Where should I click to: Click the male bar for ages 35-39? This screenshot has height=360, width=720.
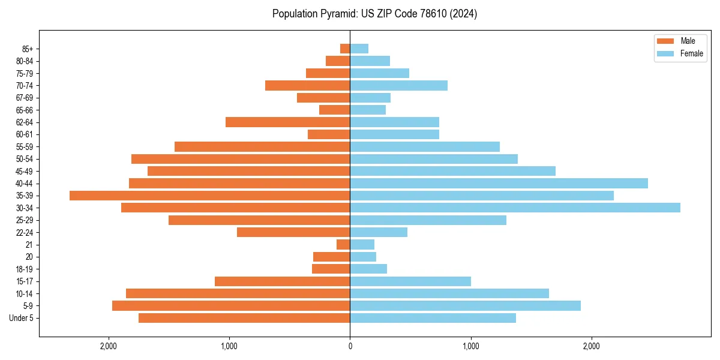tap(209, 196)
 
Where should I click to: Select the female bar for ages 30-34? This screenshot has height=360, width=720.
tap(515, 208)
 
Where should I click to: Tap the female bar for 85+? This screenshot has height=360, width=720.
tap(359, 49)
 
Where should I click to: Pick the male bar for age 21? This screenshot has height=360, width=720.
tap(343, 244)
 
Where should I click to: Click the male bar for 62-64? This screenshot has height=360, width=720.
tap(287, 122)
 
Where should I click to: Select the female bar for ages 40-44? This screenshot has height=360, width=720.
tap(499, 183)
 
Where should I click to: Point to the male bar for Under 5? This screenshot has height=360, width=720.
tap(244, 318)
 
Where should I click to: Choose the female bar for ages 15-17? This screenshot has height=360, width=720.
tap(410, 281)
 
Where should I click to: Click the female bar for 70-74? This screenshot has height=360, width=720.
tap(398, 85)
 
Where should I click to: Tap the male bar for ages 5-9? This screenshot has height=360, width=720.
tap(231, 305)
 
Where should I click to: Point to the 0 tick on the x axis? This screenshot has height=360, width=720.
tap(350, 346)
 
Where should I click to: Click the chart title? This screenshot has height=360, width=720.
tap(375, 14)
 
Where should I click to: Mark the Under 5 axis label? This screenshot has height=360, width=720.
tap(22, 318)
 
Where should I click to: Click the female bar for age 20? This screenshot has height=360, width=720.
tap(363, 257)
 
